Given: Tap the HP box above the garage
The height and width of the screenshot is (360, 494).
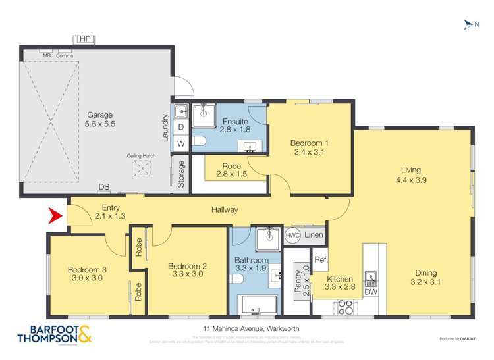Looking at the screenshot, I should tap(84, 39).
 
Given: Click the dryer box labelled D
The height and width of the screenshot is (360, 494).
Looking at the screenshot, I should tap(181, 127).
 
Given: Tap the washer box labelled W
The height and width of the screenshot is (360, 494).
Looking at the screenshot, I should tap(181, 143).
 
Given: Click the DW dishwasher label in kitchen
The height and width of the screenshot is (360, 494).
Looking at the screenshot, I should tap(371, 292).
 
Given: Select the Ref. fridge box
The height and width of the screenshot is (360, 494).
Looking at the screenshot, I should tap(321, 259).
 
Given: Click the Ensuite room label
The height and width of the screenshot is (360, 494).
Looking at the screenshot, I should tap(235, 122).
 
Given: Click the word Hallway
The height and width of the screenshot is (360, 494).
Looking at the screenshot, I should tap(225, 210).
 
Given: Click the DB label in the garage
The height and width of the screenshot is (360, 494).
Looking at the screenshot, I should tap(103, 188).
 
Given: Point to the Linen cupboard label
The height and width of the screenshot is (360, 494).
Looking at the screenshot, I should tap(314, 235).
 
